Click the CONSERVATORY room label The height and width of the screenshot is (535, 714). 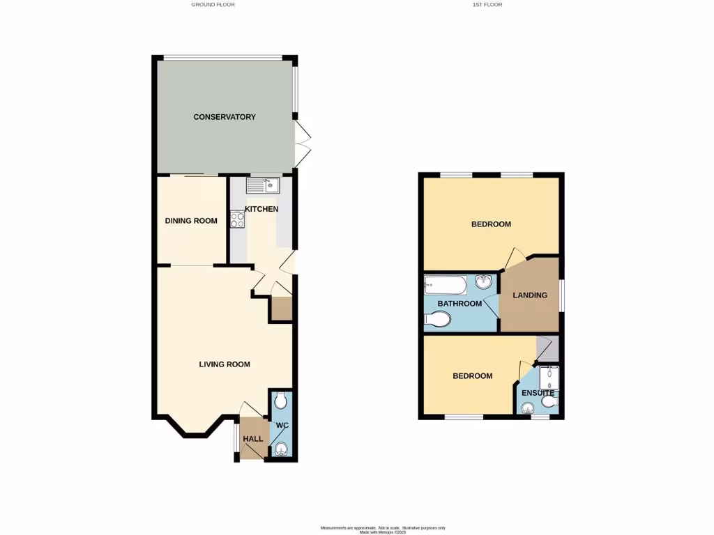[225, 117]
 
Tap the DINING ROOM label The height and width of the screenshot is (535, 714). [191, 221]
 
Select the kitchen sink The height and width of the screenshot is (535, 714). [262, 185]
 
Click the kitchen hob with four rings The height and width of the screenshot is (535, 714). [238, 220]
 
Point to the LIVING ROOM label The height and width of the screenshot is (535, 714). [225, 364]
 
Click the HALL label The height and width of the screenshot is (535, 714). [252, 439]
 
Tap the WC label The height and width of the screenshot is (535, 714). [282, 425]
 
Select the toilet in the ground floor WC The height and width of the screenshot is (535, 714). [280, 401]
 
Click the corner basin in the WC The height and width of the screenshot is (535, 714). [281, 449]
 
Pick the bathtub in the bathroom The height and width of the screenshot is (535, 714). [446, 286]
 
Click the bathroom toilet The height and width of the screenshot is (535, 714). [438, 320]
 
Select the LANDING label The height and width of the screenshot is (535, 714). [530, 295]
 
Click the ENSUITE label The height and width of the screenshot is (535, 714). [538, 393]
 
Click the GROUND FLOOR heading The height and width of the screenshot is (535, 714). [213, 5]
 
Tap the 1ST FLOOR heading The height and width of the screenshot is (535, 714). [487, 5]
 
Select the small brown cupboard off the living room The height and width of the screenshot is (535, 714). [282, 309]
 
